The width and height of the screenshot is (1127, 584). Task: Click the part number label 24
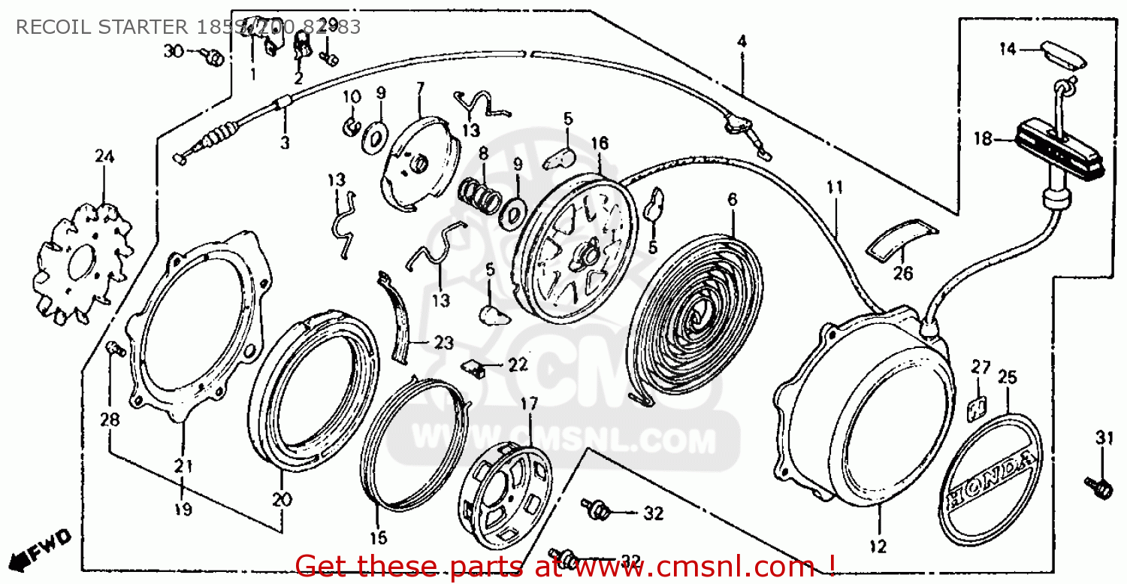104,156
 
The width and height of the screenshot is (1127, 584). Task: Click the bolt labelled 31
1098,485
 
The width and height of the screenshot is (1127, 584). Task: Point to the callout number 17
529,404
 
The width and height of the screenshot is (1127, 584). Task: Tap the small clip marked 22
472,367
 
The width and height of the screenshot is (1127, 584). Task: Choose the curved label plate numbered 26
900,238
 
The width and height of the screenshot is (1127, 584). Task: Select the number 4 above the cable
742,42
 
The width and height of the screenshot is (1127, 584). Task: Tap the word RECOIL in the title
47,28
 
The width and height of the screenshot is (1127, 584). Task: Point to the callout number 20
281,498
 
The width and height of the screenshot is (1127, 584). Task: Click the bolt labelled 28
113,349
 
